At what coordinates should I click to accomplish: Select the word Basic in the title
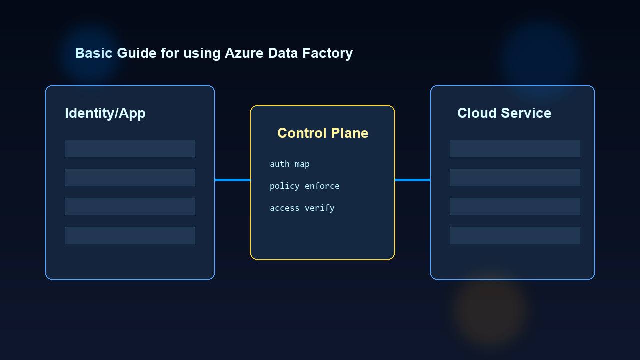pyautogui.click(x=93, y=53)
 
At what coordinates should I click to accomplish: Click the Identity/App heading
pyautogui.click(x=105, y=113)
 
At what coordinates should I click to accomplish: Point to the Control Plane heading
pyautogui.click(x=323, y=133)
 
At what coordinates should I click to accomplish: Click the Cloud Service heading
pyautogui.click(x=504, y=113)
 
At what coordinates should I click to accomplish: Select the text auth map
pyautogui.click(x=290, y=164)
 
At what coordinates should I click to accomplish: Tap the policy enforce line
pyautogui.click(x=305, y=186)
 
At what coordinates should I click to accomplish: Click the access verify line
pyautogui.click(x=302, y=208)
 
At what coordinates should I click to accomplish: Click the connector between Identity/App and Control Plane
pyautogui.click(x=232, y=180)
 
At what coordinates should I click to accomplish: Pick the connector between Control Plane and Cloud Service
pyautogui.click(x=412, y=180)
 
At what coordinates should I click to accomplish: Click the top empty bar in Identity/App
pyautogui.click(x=130, y=148)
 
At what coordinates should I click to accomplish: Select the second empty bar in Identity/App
pyautogui.click(x=130, y=177)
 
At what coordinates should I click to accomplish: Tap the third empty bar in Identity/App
pyautogui.click(x=130, y=206)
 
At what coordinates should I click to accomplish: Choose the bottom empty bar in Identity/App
pyautogui.click(x=130, y=235)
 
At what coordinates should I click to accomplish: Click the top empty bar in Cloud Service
pyautogui.click(x=515, y=148)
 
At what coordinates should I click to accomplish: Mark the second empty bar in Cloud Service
pyautogui.click(x=515, y=177)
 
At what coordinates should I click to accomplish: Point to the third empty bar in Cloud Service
pyautogui.click(x=515, y=206)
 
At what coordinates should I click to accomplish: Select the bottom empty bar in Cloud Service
pyautogui.click(x=515, y=235)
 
